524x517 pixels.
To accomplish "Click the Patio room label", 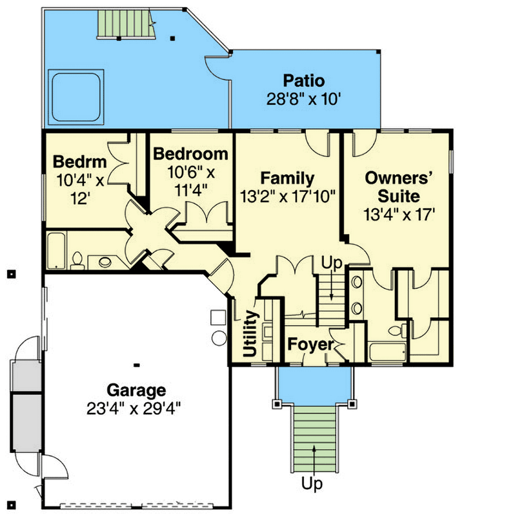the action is pos(304,81).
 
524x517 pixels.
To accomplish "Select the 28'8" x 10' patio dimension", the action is pos(303,99).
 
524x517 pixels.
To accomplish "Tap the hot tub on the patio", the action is pos(76,97).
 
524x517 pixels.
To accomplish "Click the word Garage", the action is pos(136,390).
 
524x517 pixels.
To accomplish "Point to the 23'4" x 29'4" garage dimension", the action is pos(134,408).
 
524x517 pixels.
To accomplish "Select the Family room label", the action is pos(287,178).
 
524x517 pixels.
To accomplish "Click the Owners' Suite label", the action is pos(399,187).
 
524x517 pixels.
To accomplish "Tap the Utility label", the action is pos(250,333).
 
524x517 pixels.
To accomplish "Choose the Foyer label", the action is pos(310,344).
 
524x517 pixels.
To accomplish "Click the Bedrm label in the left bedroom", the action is pos(80,162).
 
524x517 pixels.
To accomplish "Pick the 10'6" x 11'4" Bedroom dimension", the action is pos(191,181).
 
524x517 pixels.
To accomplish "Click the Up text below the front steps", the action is pos(312,483).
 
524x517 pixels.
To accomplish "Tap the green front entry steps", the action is pos(314,439).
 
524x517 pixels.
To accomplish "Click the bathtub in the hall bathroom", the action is pos(56,251).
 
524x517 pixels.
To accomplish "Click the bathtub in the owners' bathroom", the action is pos(388,352).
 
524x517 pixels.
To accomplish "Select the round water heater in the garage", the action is pos(219,338).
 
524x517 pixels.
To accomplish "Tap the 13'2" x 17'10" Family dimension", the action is pos(287,196).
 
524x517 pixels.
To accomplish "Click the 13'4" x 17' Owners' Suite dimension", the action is pos(399,215).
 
